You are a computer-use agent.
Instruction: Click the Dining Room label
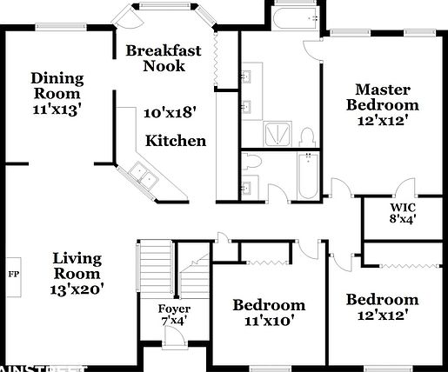pos(57,84)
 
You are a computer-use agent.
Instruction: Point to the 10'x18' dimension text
pos(170,111)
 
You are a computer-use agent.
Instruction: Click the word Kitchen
pos(175,141)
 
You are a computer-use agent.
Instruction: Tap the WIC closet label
pos(402,208)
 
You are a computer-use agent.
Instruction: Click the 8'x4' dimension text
pos(402,221)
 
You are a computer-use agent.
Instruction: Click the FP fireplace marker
pos(13,274)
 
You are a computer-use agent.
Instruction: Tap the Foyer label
pos(173,309)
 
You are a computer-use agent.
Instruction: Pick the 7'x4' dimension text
pos(173,322)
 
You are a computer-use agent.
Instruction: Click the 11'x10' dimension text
pos(270,320)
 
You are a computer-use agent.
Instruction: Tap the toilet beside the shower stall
pos(306,138)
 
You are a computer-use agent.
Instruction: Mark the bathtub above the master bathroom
pos(293,21)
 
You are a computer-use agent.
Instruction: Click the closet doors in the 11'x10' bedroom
pos(269,260)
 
